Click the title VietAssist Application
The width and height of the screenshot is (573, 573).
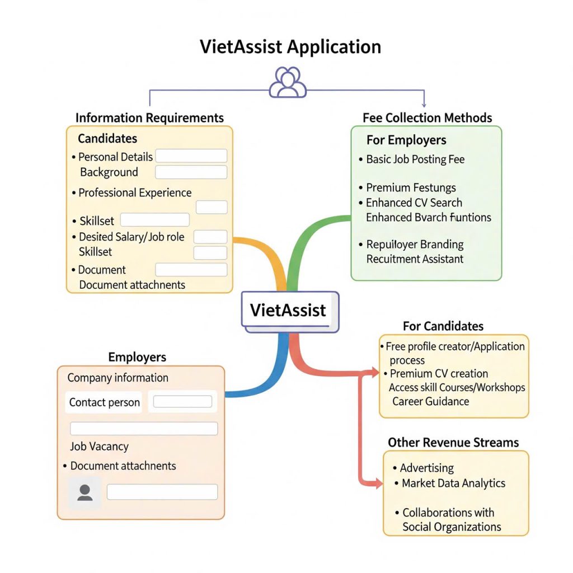[290, 46]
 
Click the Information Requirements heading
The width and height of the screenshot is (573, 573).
[149, 118]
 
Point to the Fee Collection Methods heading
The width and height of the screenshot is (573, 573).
[428, 118]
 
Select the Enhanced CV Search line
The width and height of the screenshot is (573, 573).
[414, 203]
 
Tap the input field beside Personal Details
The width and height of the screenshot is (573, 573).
[191, 156]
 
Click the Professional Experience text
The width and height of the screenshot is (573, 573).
[135, 193]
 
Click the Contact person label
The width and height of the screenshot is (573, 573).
[104, 402]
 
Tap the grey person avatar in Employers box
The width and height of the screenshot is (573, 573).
[85, 492]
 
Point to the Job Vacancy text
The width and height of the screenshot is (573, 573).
[99, 447]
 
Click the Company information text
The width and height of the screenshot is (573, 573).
[118, 378]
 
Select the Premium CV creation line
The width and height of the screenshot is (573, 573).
[439, 374]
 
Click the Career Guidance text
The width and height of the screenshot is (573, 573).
[430, 401]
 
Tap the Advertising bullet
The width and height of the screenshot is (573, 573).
[426, 468]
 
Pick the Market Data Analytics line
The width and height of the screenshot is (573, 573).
[453, 483]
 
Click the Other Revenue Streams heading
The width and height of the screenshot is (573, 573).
[453, 443]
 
